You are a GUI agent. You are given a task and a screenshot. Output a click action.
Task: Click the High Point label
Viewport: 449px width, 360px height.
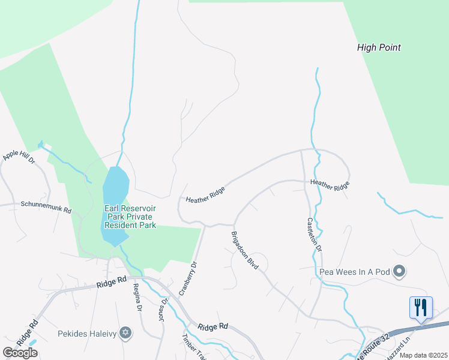[378, 47]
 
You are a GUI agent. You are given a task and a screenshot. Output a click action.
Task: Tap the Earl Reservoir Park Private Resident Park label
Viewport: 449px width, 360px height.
[130, 217]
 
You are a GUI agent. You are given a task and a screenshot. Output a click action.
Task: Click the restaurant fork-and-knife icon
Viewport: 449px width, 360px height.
[420, 308]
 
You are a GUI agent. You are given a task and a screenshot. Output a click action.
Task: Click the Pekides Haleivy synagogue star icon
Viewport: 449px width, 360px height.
[125, 332]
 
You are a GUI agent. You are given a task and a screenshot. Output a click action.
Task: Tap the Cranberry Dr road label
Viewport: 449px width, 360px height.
[187, 278]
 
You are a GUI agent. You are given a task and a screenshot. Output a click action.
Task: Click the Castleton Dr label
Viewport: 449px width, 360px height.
[315, 233]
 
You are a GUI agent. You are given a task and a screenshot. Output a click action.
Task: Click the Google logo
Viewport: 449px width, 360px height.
[20, 353]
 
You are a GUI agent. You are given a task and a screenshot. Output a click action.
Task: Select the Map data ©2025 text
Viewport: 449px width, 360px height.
[423, 355]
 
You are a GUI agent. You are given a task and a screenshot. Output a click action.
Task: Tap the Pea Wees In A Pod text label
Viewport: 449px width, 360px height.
[354, 272]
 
